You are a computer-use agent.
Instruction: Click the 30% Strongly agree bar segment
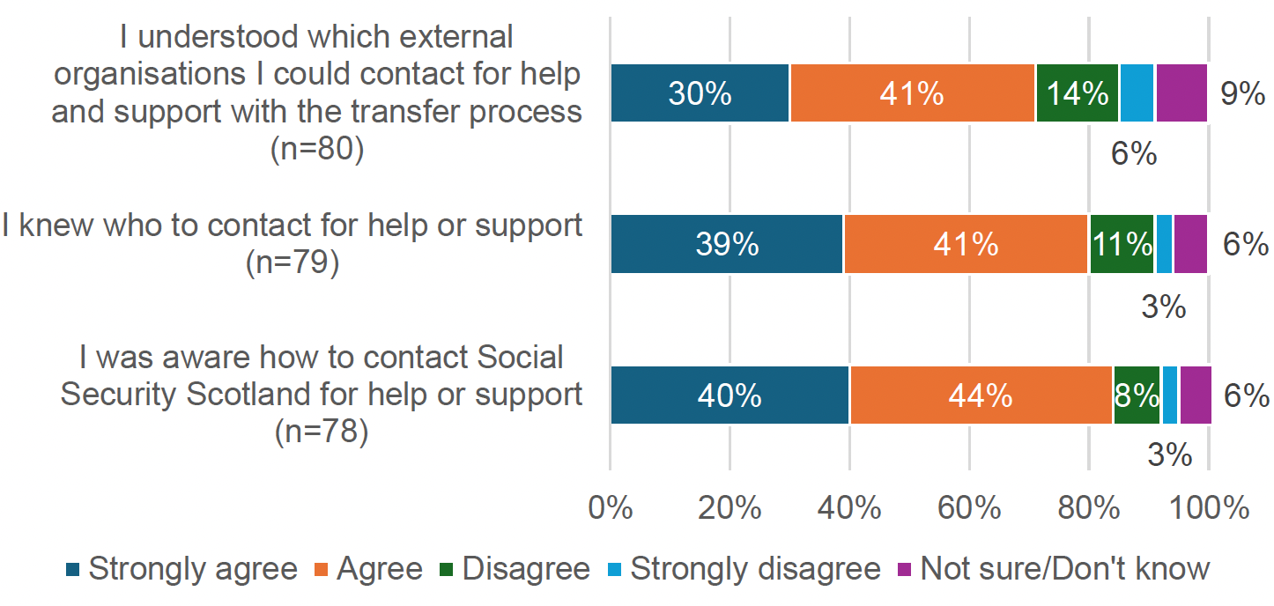click(700, 93)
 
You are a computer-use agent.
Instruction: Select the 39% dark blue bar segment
click(727, 244)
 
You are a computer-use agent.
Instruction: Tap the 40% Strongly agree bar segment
click(730, 395)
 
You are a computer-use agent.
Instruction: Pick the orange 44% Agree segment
click(981, 395)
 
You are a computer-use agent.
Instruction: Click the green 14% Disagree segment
click(1077, 93)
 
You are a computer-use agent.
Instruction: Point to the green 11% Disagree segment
click(1121, 244)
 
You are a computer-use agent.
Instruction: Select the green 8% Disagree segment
click(1137, 395)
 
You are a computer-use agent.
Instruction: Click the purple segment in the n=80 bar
click(1181, 93)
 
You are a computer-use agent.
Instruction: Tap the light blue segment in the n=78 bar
click(1169, 395)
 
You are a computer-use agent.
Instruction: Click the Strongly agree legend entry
click(182, 569)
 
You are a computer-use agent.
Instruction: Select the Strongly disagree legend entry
click(744, 569)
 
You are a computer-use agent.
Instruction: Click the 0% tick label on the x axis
click(610, 508)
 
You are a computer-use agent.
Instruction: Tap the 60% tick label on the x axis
click(969, 508)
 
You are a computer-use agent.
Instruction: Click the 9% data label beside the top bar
click(1242, 93)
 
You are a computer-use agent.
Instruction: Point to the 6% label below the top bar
click(1133, 154)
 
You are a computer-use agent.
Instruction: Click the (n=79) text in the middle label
click(293, 263)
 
